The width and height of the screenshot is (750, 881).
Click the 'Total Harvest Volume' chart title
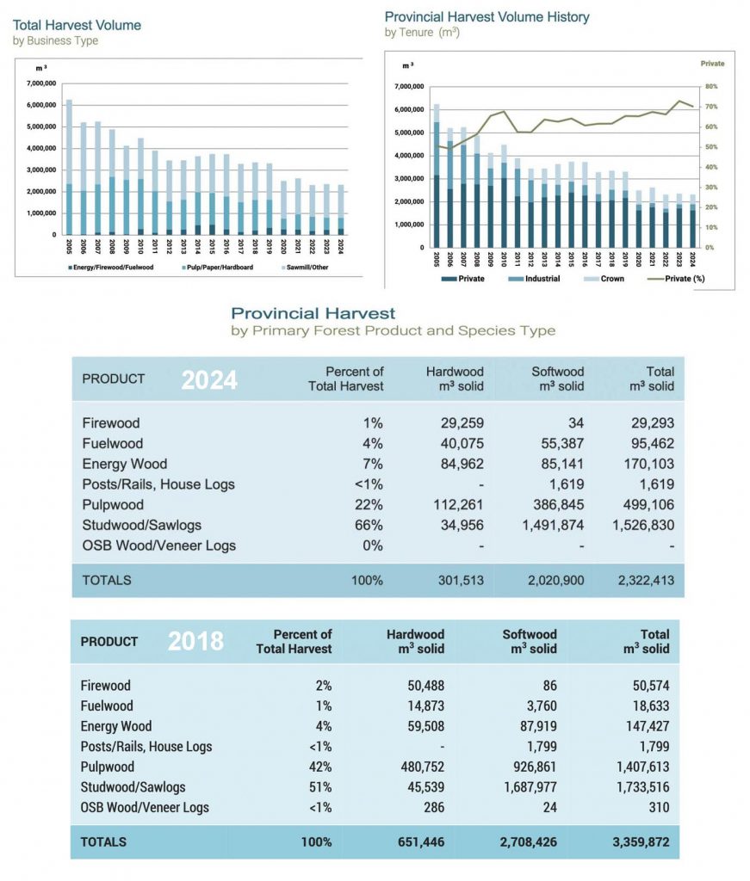coord(77,25)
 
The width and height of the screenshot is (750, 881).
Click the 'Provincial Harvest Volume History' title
coord(487,16)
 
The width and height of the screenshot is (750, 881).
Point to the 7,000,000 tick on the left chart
coord(41,83)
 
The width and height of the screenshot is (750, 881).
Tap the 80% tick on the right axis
coord(713,87)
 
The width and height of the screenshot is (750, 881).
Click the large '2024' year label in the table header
coord(208,379)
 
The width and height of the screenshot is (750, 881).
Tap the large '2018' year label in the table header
coord(195,641)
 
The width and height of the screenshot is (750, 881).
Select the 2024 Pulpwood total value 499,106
coord(647,504)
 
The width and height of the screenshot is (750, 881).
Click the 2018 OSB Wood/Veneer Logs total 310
coord(657,808)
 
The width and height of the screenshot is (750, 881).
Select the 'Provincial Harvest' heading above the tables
coord(313,313)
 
